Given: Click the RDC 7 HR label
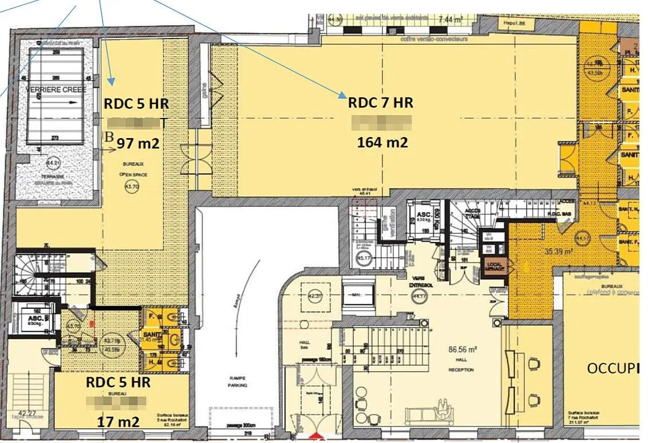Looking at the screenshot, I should point(380,103).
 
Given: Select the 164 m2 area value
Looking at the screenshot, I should point(382,142).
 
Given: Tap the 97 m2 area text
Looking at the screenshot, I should point(138,143).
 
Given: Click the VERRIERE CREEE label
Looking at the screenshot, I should point(56,90).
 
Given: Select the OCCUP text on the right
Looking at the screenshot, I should point(612,368).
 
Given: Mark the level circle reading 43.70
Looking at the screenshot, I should point(116,187).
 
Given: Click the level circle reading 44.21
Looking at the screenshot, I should point(55,162).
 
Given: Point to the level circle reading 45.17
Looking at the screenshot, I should point(363,258).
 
